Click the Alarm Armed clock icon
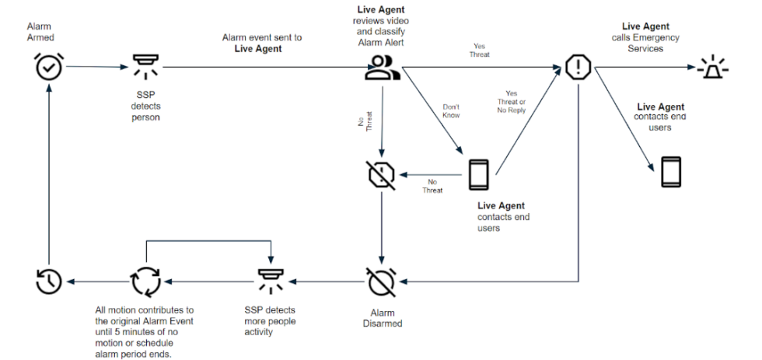point(49,68)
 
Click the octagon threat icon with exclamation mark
point(578,68)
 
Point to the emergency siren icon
point(713,68)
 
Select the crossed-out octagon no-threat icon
point(381,174)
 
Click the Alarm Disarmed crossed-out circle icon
point(381,281)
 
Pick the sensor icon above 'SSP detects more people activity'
point(271,281)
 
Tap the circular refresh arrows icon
point(146,281)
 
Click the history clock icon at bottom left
point(49,281)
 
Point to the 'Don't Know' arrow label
point(451,110)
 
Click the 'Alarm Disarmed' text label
point(380,318)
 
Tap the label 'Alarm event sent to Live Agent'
point(263,43)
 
